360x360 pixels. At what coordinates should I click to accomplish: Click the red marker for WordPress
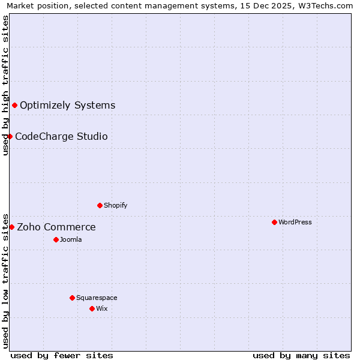(274, 222)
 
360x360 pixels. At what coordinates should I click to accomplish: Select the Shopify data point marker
(100, 205)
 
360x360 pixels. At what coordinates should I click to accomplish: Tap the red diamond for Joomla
(56, 239)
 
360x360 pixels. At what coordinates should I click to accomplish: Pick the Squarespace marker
(72, 298)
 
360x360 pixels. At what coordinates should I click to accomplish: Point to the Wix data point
(92, 308)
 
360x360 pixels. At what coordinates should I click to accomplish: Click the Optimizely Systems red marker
(15, 106)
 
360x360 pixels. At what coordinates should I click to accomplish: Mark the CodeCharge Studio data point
(10, 137)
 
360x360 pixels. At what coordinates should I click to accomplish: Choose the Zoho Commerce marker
(12, 227)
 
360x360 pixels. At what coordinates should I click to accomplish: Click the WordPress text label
(295, 222)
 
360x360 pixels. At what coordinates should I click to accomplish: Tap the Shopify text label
(116, 205)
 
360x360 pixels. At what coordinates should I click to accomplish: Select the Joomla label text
(71, 239)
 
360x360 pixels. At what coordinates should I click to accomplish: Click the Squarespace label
(97, 298)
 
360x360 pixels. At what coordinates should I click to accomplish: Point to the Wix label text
(102, 308)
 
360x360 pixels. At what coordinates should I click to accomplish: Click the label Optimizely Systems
(67, 106)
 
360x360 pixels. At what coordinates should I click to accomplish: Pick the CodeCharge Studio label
(61, 137)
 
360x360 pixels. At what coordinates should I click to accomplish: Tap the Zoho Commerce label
(56, 227)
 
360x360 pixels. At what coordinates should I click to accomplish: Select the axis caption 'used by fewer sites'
(62, 355)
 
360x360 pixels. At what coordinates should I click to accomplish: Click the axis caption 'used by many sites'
(301, 355)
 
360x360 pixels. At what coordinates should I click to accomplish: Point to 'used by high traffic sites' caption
(5, 85)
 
